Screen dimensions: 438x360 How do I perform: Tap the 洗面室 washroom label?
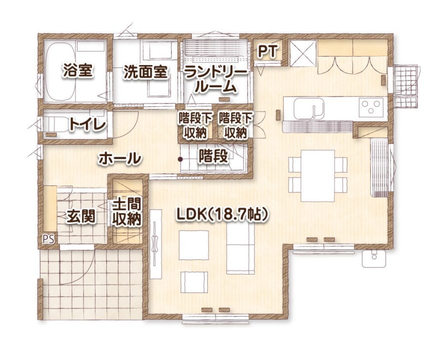click(x=145, y=72)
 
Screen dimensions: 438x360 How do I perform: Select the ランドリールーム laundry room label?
click(x=215, y=80)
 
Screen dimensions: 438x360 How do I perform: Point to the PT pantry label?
click(x=267, y=51)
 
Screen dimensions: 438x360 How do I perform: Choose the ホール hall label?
click(x=119, y=158)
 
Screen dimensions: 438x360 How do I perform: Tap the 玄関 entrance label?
click(x=80, y=216)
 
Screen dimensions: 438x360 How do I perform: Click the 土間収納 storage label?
click(x=126, y=212)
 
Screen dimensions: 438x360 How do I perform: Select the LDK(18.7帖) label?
click(x=222, y=215)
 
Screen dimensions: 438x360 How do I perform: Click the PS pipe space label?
click(x=48, y=239)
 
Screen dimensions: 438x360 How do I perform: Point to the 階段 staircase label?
click(x=213, y=156)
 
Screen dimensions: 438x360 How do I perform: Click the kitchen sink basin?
click(x=308, y=108)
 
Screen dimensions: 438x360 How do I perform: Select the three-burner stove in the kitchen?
click(x=371, y=107)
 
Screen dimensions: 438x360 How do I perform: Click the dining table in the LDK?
click(x=318, y=175)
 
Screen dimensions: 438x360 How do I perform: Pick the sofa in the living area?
click(x=240, y=248)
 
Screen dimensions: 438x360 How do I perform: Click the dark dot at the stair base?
click(x=180, y=159)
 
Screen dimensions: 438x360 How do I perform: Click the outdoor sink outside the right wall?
click(x=374, y=258)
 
